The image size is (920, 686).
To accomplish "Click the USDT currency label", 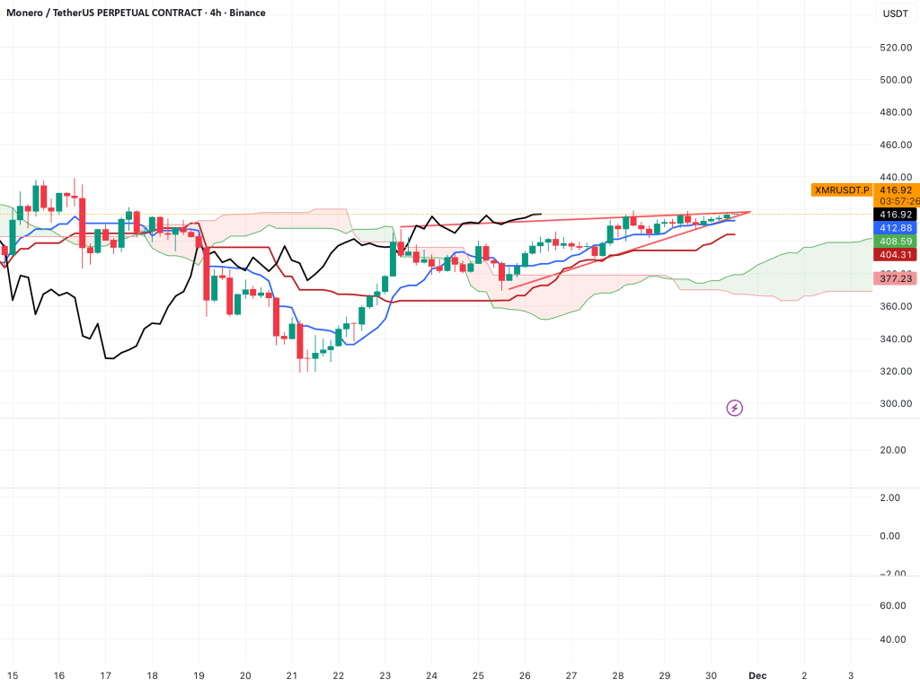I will (895, 13).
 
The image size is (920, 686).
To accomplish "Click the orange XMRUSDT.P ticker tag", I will (842, 190).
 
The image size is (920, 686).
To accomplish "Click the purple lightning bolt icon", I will (734, 408).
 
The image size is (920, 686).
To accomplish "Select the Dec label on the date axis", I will (757, 675).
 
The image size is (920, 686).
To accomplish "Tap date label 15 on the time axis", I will (13, 675).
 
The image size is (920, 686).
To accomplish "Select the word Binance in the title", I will (247, 13).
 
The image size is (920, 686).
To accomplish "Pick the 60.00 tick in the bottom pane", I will (895, 605).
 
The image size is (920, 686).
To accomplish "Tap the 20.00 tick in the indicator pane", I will (895, 451).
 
